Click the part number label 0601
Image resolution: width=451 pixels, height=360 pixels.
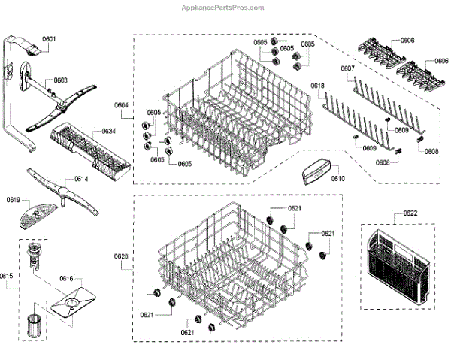pos(50,38)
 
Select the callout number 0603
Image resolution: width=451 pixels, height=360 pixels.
pos(60,80)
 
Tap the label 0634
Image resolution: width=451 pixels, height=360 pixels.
pos(109,132)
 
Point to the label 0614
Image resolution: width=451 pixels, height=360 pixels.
pos(81,180)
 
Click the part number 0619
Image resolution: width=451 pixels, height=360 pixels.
pos(14,201)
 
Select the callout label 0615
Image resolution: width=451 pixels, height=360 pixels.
pos(7,276)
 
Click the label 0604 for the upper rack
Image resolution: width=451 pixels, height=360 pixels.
pos(122,106)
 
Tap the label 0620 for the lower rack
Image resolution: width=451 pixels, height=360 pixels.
pos(122,257)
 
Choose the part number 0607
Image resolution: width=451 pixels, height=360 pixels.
pos(347,69)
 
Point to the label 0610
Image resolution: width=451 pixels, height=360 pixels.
pos(337,178)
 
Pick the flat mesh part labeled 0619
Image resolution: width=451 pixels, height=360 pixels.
pos(35,219)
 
